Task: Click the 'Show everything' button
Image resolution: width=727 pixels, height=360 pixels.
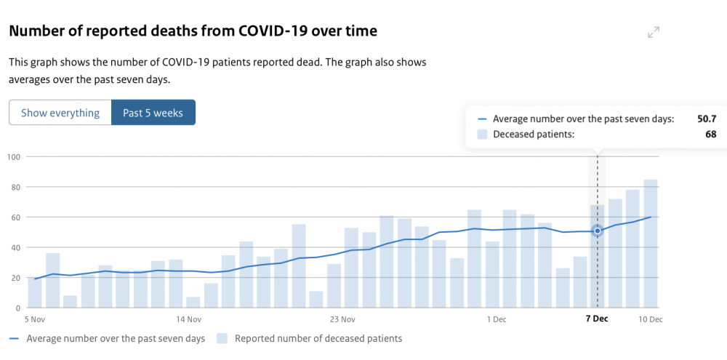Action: point(60,113)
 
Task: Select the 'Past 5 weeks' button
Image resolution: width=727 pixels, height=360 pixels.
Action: point(153,113)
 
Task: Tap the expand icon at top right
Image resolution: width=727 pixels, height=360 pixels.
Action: point(654,33)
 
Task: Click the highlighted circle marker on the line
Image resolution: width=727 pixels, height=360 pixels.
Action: point(597,231)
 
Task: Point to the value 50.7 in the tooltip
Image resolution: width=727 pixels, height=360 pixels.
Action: point(707,119)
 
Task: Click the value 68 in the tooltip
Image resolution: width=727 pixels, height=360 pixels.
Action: point(711,135)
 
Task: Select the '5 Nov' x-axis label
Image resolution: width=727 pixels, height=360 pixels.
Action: point(35,319)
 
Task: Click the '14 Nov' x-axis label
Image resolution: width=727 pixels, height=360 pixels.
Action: point(189,319)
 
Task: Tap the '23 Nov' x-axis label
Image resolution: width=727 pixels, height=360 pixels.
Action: point(342,319)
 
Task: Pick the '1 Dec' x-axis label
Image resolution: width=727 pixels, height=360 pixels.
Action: point(497,319)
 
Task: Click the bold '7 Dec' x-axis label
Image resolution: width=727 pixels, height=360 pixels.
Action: point(597,319)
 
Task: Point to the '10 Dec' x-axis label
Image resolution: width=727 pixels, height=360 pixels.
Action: point(650,319)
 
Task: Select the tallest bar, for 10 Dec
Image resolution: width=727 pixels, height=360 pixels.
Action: point(651,244)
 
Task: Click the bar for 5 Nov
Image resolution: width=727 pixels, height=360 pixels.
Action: point(35,293)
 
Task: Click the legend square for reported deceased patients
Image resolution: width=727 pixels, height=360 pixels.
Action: point(222,339)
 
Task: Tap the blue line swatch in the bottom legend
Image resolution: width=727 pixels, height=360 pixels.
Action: point(15,339)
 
